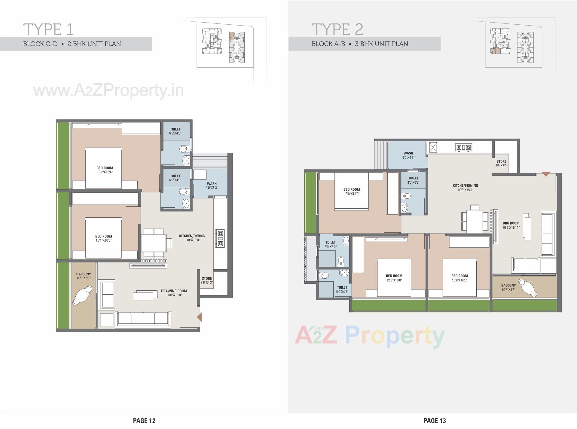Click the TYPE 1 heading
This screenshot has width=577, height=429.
48,29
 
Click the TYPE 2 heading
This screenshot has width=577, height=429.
337,29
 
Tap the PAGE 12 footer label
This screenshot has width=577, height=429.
144,421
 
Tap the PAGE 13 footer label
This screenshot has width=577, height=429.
435,421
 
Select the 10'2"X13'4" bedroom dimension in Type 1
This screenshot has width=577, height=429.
105,172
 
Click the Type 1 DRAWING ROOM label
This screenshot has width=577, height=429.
174,291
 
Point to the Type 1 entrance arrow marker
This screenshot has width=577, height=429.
199,317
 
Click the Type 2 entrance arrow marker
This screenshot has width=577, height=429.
546,174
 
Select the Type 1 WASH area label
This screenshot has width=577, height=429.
212,184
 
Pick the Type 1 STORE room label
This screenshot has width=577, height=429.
207,279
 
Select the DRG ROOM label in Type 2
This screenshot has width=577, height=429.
511,223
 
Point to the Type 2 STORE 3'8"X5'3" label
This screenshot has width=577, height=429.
501,164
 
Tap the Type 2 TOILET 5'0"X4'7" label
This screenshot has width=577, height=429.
342,290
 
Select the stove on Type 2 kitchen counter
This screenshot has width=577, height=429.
464,147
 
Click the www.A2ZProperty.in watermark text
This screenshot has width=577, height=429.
108,90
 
